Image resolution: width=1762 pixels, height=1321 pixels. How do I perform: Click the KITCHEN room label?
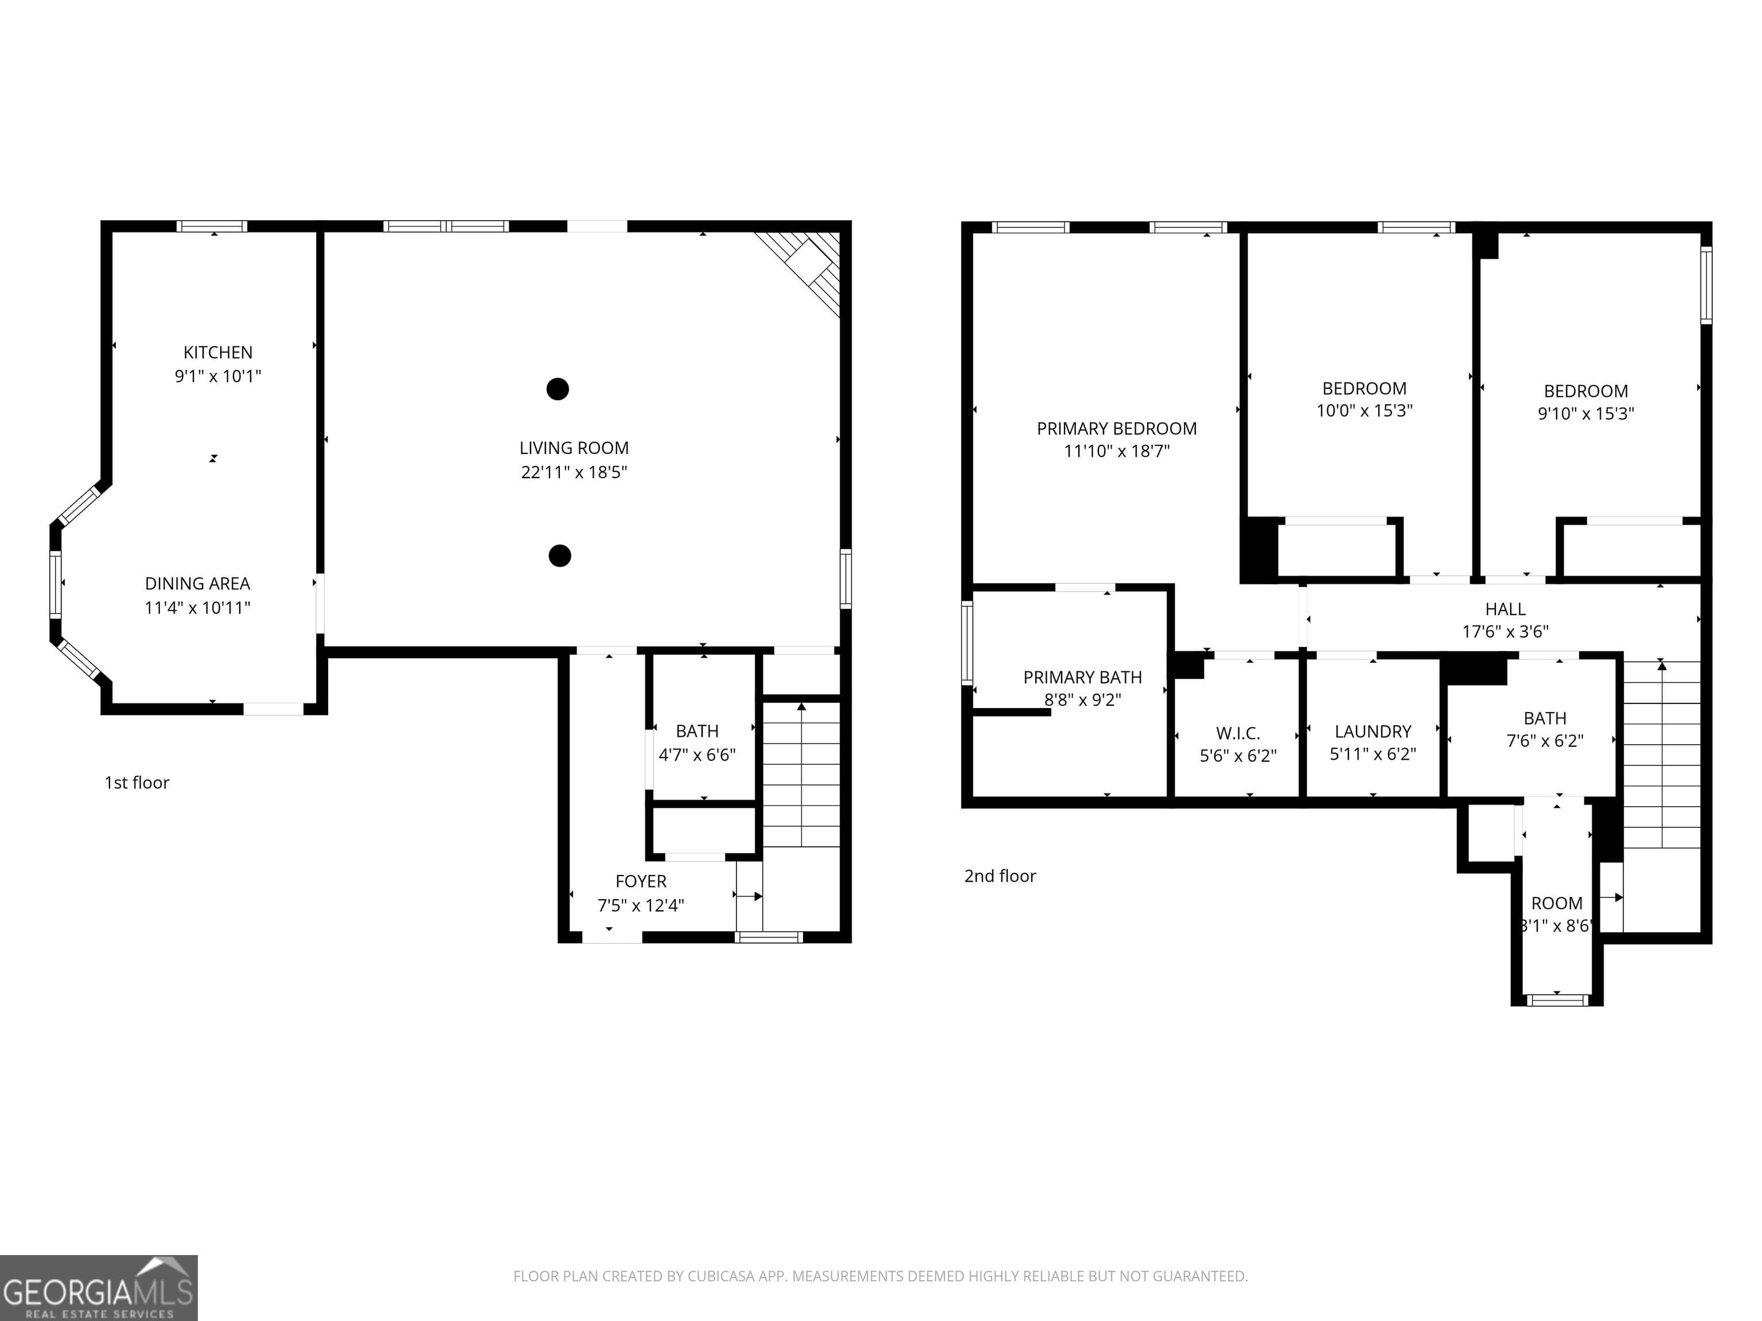217,352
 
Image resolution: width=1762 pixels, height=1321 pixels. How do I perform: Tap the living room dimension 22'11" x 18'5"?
574,472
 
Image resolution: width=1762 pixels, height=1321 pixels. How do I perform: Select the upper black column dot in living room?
558,389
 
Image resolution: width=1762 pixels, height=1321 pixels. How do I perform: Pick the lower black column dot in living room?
560,556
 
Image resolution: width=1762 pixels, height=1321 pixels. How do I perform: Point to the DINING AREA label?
197,584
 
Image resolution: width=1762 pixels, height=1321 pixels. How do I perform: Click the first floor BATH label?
697,731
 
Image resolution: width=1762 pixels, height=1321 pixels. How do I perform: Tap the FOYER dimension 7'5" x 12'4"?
641,905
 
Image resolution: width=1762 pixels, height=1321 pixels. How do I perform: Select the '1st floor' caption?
137,783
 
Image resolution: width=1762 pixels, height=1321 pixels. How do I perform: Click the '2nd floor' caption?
1000,876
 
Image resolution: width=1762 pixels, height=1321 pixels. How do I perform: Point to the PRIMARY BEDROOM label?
1116,428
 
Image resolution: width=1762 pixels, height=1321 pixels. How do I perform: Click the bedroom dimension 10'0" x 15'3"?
1364,411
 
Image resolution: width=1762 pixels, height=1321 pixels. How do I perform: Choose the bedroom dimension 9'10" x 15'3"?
1585,413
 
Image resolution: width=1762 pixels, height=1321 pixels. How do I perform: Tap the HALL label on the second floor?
1504,609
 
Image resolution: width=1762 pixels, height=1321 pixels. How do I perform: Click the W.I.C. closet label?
1238,733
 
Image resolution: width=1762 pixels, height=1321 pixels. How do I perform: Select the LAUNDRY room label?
1373,731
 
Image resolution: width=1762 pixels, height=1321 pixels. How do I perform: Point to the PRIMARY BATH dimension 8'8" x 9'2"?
1082,700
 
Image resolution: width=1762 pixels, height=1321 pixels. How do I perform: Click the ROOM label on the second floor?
1557,903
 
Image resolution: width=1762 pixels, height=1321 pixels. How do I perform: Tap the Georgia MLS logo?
98,1288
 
